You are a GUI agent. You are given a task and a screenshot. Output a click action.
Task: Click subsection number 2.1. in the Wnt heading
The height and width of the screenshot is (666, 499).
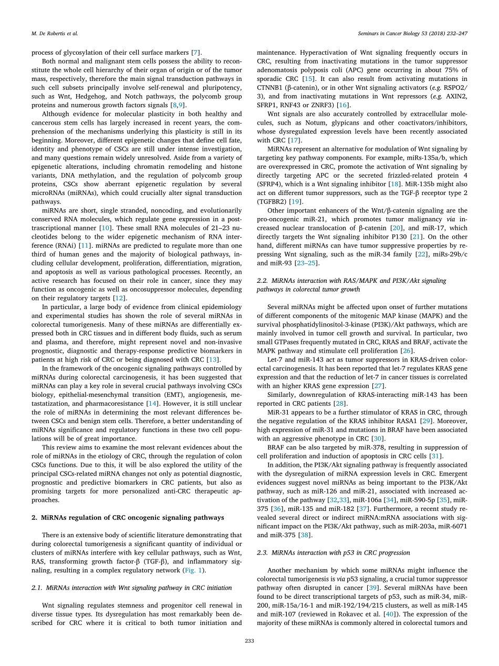(x=37, y=587)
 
